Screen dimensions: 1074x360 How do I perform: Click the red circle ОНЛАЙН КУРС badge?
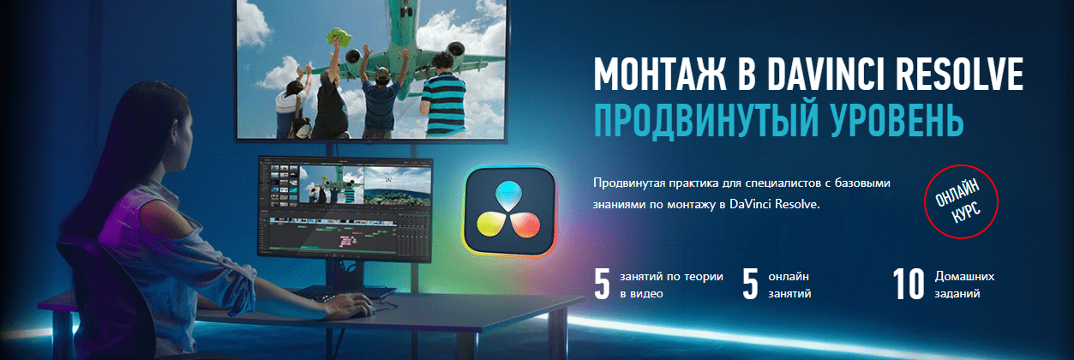pos(961,201)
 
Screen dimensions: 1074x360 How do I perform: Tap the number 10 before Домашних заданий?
pos(909,284)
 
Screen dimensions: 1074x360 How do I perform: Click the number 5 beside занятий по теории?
pos(603,284)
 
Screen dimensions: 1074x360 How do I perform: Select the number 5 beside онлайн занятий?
pos(750,284)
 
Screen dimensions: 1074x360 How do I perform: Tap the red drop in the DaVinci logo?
pos(525,225)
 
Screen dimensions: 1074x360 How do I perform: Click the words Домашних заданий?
pos(964,285)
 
